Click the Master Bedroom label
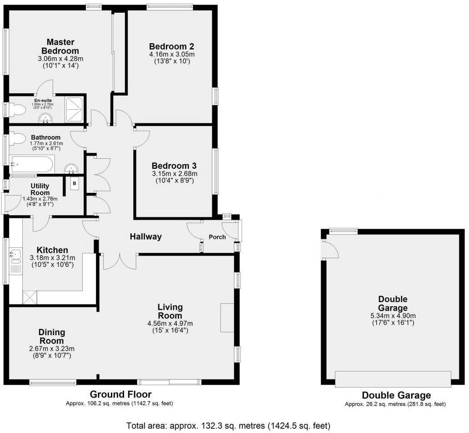[60, 46]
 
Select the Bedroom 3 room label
[174, 166]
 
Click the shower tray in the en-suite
[75, 110]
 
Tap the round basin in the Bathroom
[71, 169]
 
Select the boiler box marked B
[74, 183]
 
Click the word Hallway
[145, 237]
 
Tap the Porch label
[217, 237]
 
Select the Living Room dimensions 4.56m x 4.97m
[170, 324]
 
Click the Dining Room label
[52, 337]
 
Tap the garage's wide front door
[393, 379]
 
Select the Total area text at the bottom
[228, 426]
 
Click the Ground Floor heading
[120, 394]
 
